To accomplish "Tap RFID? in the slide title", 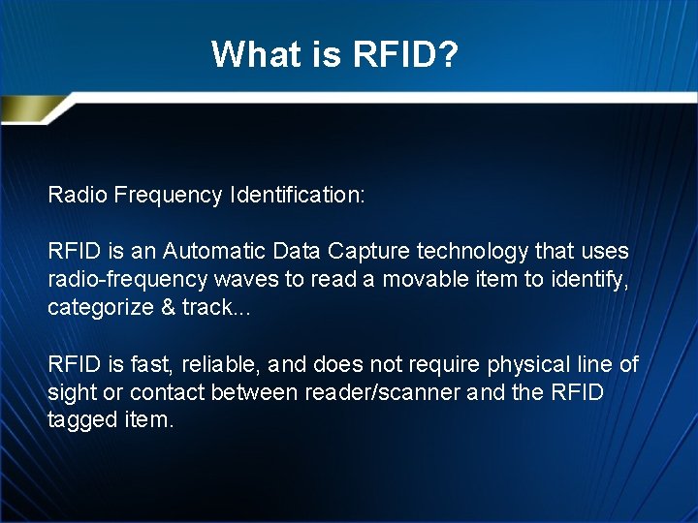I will click(404, 54).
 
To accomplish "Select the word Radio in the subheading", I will click(77, 195).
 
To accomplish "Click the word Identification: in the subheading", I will click(298, 195).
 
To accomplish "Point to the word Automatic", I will click(212, 251).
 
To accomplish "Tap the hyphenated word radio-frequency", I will click(125, 280).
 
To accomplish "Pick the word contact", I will click(166, 392).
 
